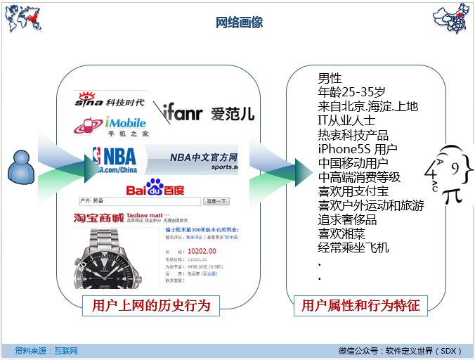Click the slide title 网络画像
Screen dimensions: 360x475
click(239, 22)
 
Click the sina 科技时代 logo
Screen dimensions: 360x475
click(110, 101)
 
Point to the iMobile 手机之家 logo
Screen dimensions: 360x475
click(113, 126)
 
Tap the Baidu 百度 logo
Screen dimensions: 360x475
click(155, 190)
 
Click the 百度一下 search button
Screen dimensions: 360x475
click(216, 201)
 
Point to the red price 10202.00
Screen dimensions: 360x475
click(202, 250)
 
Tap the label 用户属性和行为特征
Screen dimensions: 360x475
click(360, 305)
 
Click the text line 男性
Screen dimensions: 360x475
click(330, 78)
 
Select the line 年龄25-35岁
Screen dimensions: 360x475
click(351, 92)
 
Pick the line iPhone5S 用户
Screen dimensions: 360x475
click(357, 148)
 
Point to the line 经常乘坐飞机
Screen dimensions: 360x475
click(353, 247)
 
